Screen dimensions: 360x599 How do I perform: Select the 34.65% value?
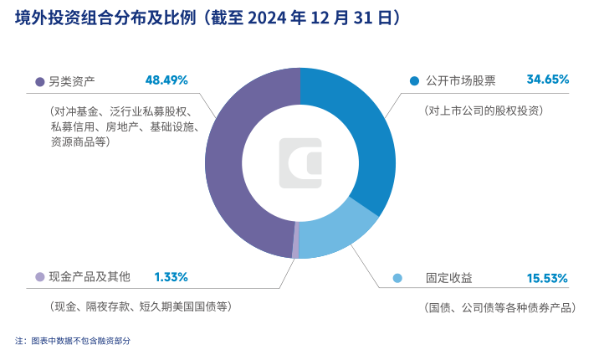coord(547,80)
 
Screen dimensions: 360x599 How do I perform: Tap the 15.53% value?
coord(547,278)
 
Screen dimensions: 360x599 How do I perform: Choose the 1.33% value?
coord(171,277)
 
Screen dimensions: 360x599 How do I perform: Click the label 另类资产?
coord(72,81)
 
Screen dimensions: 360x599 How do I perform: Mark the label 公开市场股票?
coord(461,81)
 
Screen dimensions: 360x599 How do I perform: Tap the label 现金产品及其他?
coord(90,277)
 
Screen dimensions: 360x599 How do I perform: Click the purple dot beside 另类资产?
coord(39,82)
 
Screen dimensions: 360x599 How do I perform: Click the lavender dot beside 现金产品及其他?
coord(39,277)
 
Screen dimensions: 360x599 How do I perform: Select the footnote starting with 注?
coord(73,341)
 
